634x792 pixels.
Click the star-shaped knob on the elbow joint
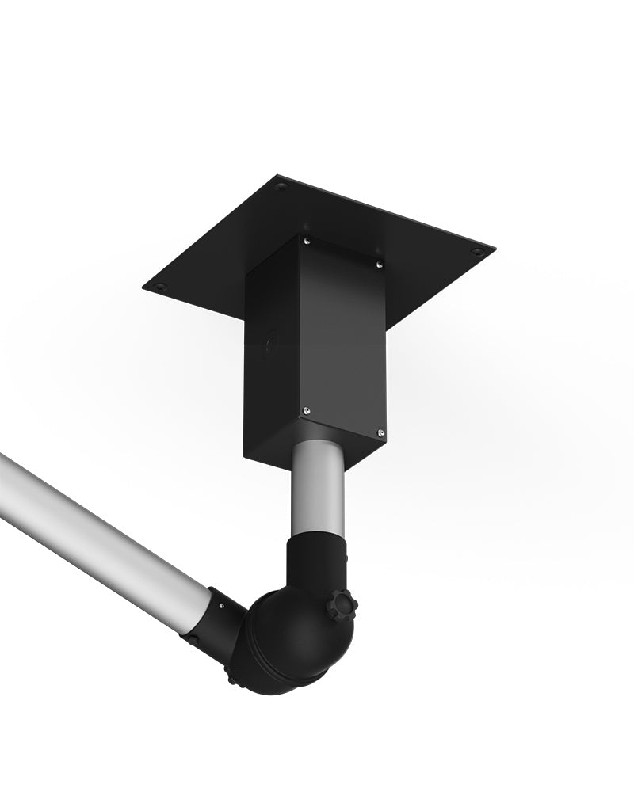click(x=342, y=607)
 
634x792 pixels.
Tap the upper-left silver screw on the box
click(x=307, y=241)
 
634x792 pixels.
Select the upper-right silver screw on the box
click(x=379, y=264)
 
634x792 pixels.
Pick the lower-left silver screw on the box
click(x=307, y=410)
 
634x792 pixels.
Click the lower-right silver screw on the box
click(x=380, y=432)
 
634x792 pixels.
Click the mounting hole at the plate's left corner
click(x=161, y=286)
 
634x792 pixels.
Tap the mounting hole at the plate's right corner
click(x=476, y=252)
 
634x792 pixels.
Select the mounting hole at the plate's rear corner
click(x=281, y=187)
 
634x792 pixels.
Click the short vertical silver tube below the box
click(x=317, y=491)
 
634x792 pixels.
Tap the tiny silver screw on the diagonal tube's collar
click(x=220, y=606)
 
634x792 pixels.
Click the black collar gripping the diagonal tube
click(x=218, y=622)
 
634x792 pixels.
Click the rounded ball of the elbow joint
click(x=285, y=642)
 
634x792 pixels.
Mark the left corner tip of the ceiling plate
click(x=144, y=287)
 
